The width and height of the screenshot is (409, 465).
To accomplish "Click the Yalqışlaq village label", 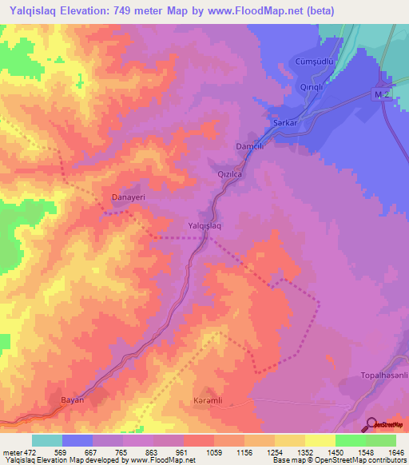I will tap(204, 226).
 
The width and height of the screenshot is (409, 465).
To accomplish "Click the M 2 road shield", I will tap(383, 95).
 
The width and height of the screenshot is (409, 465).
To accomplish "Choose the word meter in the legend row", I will tap(11, 452).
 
